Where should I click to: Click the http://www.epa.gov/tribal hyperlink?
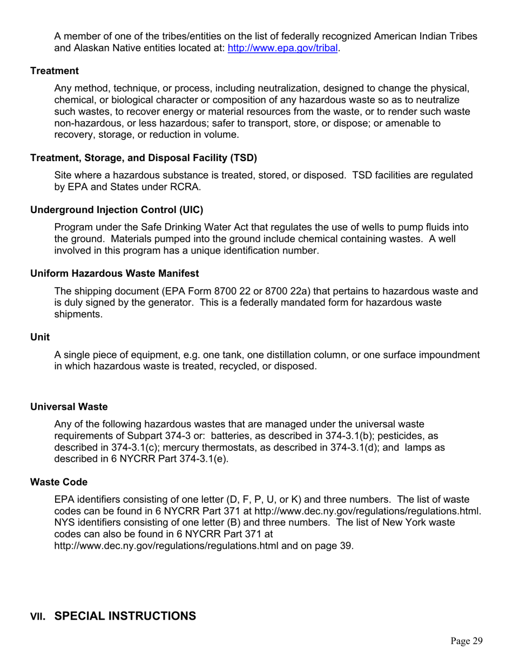(x=283, y=48)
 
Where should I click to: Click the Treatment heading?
(x=55, y=71)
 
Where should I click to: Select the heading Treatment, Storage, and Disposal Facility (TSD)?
(x=144, y=158)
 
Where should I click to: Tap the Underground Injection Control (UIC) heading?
(x=117, y=209)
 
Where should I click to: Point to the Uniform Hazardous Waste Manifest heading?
(x=114, y=274)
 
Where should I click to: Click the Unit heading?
(x=40, y=337)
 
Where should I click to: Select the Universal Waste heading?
(x=69, y=407)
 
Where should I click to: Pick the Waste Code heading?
(x=59, y=482)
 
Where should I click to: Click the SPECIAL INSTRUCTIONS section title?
(x=125, y=616)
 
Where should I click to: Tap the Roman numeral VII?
(x=38, y=616)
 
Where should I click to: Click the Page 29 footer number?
(x=466, y=641)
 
